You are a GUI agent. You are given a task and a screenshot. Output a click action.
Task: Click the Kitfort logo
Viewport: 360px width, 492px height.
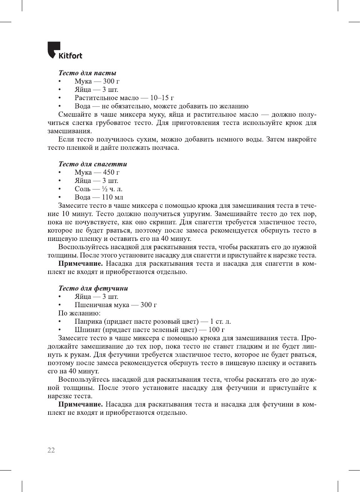pos(65,51)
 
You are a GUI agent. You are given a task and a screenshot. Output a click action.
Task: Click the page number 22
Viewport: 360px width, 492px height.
pos(51,450)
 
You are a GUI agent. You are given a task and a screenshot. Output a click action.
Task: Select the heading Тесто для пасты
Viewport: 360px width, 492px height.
pos(87,73)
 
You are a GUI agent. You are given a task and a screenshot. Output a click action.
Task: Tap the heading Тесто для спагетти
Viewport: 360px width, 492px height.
pos(93,164)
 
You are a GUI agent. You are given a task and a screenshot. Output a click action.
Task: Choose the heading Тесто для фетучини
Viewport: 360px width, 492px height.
pos(93,288)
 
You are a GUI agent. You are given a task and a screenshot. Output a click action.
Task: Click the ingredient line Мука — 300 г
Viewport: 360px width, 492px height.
pos(97,81)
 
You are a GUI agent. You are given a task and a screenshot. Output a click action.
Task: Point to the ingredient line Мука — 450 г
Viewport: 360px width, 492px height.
pos(97,172)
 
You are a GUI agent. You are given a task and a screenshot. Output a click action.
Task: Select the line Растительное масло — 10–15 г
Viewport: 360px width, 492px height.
pos(124,98)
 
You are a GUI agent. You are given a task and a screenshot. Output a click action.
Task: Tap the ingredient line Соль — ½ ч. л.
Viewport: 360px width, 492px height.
pos(98,189)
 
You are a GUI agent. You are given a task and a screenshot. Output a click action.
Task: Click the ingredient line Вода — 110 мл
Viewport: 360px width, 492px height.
pos(99,197)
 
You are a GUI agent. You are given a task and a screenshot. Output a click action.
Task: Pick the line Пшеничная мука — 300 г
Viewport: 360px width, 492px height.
pos(116,305)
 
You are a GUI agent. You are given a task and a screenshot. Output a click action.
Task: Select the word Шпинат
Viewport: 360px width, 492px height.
pos(88,330)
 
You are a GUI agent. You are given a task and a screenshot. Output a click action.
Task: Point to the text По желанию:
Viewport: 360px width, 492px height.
pos(79,313)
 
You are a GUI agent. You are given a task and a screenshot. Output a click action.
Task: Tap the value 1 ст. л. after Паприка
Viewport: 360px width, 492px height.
pos(220,321)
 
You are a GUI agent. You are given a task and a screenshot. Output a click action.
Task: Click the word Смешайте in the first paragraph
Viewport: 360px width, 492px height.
pos(75,114)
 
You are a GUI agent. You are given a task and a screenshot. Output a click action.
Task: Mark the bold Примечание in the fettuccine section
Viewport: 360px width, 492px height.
pos(80,404)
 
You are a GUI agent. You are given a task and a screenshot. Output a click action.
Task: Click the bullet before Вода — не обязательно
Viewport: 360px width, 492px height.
pos(59,107)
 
